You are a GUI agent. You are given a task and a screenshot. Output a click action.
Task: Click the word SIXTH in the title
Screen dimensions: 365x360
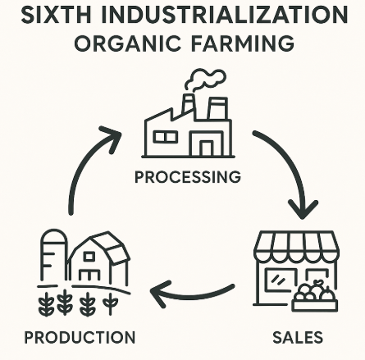pyautogui.click(x=56, y=15)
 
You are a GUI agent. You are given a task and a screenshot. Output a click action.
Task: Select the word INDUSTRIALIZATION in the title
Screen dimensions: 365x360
pyautogui.click(x=224, y=15)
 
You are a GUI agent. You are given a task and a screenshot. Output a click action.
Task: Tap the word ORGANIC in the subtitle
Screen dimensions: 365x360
pyautogui.click(x=127, y=43)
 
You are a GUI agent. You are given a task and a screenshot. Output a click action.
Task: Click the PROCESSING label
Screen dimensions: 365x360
pyautogui.click(x=188, y=177)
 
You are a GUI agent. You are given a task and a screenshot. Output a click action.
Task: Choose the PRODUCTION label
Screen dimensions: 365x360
pyautogui.click(x=80, y=337)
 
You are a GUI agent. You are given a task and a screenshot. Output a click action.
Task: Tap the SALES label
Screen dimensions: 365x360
pyautogui.click(x=298, y=337)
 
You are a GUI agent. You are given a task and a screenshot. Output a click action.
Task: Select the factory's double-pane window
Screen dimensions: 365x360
pyautogui.click(x=165, y=137)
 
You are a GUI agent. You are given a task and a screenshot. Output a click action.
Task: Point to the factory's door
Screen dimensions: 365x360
pyautogui.click(x=207, y=148)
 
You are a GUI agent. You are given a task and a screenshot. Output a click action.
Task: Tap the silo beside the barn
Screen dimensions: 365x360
pyautogui.click(x=54, y=254)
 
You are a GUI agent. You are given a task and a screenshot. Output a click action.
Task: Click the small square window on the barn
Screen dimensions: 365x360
pyautogui.click(x=89, y=257)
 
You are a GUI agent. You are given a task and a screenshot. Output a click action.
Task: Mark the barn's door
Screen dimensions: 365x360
pyautogui.click(x=89, y=275)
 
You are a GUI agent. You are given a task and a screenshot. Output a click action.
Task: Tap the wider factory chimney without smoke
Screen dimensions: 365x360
pyautogui.click(x=217, y=108)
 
